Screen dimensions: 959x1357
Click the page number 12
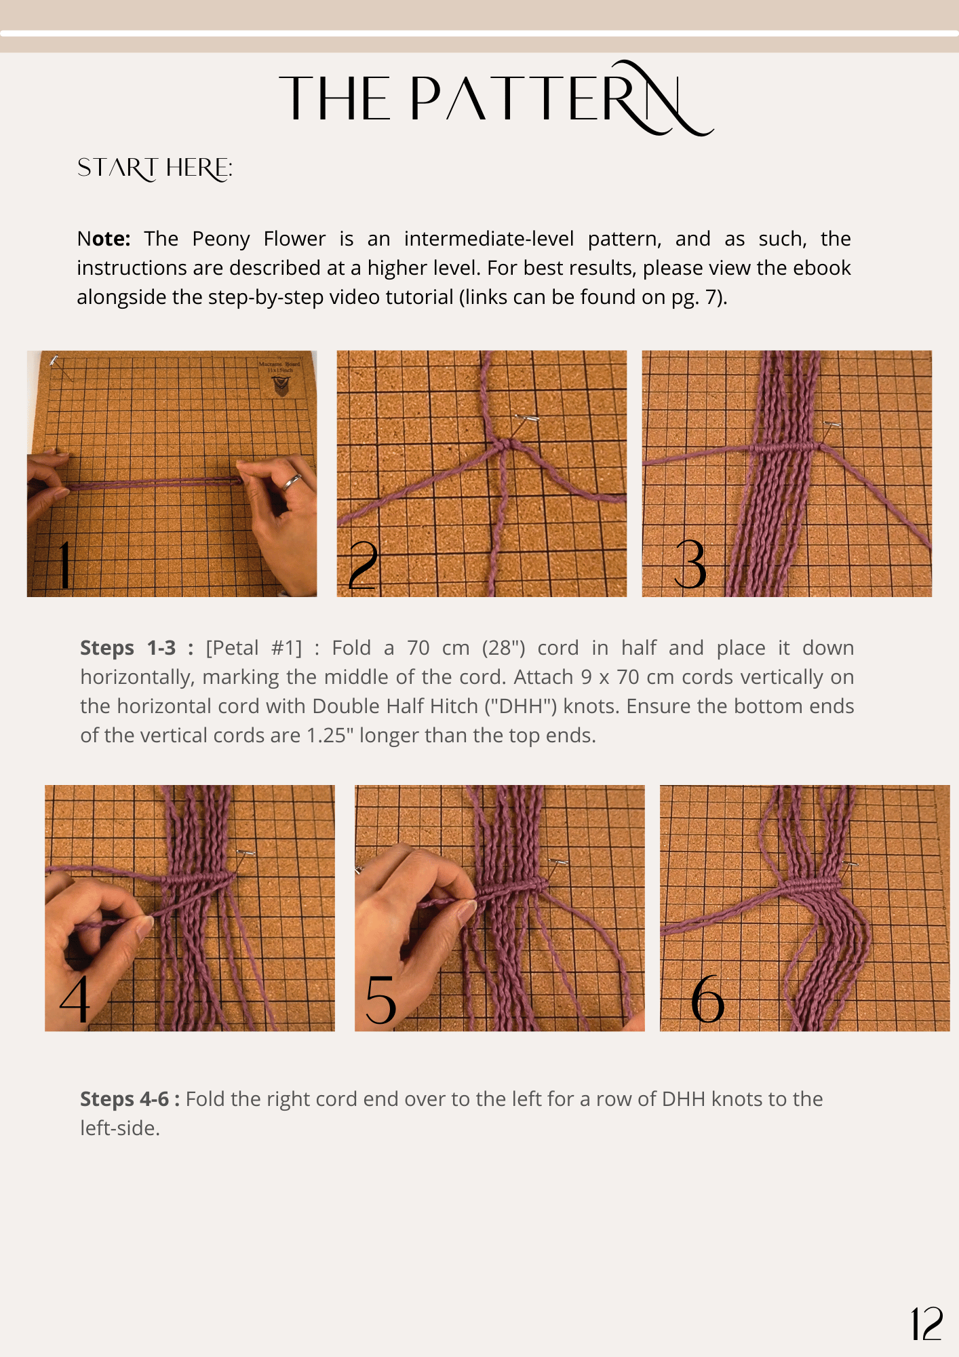(926, 1324)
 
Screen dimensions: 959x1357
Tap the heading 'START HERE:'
(155, 168)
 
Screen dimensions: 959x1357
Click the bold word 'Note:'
(104, 239)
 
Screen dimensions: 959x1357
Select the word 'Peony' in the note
(221, 240)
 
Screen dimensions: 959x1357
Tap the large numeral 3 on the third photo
(690, 565)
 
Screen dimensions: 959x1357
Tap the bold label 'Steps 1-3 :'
(137, 648)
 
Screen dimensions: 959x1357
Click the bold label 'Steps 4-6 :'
(130, 1099)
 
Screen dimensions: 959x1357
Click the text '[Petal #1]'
(254, 648)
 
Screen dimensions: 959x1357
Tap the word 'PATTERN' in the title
(562, 99)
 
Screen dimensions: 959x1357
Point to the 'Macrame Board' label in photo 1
(279, 366)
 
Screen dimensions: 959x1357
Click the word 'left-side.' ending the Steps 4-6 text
(120, 1128)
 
